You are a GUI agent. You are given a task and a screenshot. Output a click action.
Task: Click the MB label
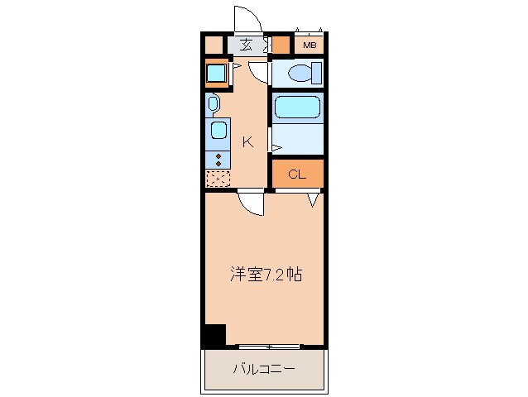click(x=310, y=45)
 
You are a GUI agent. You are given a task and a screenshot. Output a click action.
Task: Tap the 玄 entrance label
click(x=246, y=45)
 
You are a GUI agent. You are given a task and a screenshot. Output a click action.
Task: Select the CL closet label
click(x=297, y=175)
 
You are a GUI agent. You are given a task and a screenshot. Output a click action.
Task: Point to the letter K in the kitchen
click(x=248, y=142)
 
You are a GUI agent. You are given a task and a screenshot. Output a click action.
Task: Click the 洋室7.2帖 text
click(x=266, y=275)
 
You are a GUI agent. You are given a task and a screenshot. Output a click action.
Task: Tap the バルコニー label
click(x=264, y=369)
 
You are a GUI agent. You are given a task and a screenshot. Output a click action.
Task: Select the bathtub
click(x=297, y=108)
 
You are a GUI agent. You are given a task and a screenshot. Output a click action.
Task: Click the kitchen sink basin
click(x=218, y=130)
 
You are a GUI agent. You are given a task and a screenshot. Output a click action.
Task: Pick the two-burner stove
click(x=218, y=160)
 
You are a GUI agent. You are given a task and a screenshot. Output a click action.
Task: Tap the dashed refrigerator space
click(x=218, y=179)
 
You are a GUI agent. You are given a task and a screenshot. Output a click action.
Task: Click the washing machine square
click(x=216, y=74)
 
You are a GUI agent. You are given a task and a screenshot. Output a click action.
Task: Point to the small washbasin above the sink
click(x=213, y=103)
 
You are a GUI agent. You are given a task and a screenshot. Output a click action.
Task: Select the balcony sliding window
click(x=270, y=346)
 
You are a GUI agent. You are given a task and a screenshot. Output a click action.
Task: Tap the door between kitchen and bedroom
click(x=251, y=203)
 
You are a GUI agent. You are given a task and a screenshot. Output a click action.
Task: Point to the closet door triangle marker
click(x=313, y=200)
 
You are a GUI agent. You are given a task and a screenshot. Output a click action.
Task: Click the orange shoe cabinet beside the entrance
click(x=281, y=45)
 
